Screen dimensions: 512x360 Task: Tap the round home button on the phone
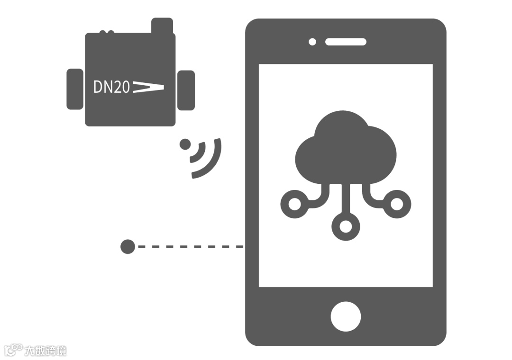346,316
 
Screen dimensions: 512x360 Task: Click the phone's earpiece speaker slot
346,42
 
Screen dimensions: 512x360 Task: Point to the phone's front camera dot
312,42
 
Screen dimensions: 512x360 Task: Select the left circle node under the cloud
295,204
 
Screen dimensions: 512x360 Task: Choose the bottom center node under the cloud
346,226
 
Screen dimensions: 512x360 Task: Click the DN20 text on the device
111,87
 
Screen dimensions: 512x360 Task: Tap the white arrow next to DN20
148,87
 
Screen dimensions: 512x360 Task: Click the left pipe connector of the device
75,89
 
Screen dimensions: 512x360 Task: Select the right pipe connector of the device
186,90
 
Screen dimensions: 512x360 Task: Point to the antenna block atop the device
162,26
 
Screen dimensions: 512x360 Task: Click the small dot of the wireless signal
185,144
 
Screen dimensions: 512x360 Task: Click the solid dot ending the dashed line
128,246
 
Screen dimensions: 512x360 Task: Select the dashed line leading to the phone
190,246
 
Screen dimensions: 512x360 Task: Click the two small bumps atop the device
106,32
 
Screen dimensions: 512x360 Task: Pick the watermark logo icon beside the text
13,350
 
